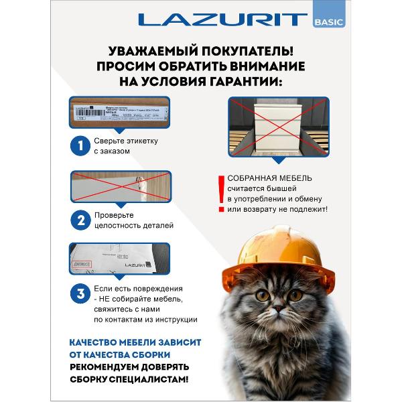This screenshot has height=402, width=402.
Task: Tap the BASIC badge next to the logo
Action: pos(328,21)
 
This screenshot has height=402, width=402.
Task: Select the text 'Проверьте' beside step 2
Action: pos(114,214)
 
